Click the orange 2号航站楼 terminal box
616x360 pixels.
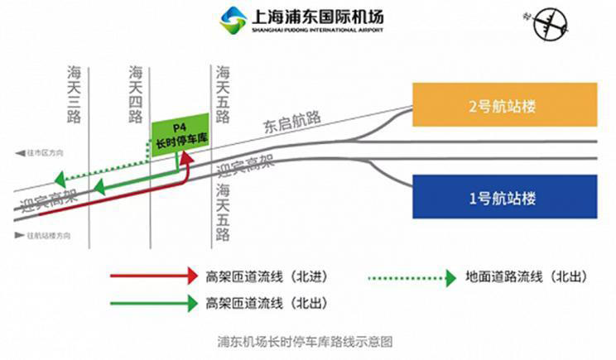point(504,106)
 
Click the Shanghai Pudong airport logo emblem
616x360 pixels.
point(233,18)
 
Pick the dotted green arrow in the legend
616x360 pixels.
point(415,275)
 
